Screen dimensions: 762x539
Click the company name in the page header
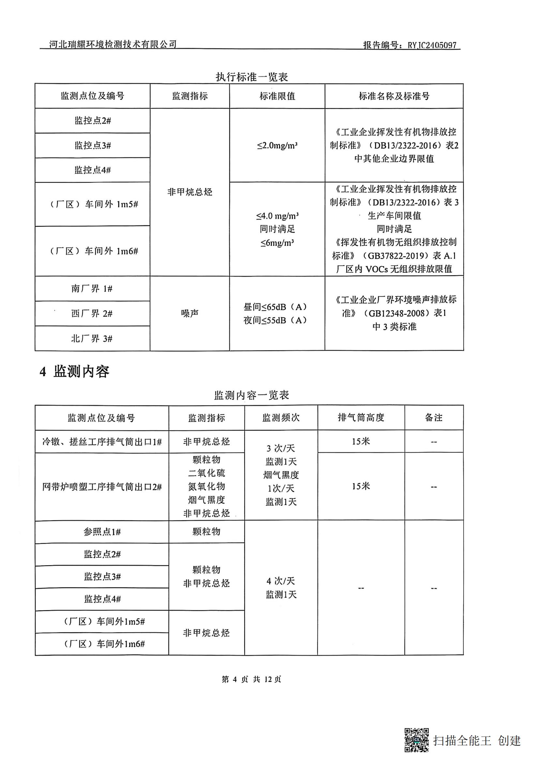pos(112,44)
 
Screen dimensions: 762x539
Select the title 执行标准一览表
pos(251,77)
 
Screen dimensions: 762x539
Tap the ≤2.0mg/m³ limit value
pos(277,145)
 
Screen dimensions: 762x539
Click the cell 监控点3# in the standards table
pos(92,145)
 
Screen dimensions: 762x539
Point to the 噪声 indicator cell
pos(190,313)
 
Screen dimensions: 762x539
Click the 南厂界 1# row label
pos(92,288)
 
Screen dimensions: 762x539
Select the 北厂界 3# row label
pos(92,338)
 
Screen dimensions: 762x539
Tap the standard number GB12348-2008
pos(396,313)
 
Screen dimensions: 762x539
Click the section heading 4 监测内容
pos(74,371)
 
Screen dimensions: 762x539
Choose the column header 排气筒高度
pos(361,418)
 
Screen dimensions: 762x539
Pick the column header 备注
pos(433,418)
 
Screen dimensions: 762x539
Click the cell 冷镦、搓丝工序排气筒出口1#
pos(102,442)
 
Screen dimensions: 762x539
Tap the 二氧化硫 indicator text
pos(206,473)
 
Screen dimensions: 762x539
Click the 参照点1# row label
pos(102,532)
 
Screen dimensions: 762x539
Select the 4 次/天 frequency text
pos(281,581)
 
